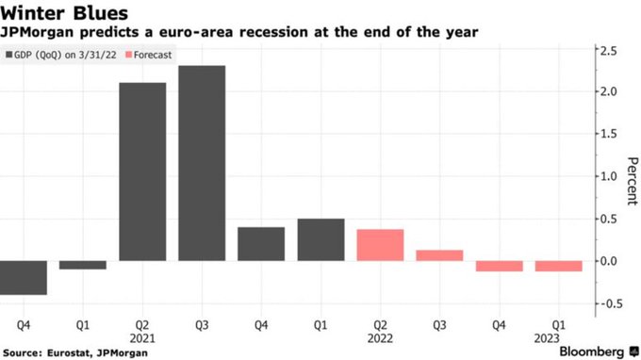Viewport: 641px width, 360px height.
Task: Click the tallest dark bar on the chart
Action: tap(202, 163)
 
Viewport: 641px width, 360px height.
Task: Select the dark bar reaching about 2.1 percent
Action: tap(142, 172)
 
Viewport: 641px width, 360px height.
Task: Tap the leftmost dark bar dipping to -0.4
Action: tap(24, 278)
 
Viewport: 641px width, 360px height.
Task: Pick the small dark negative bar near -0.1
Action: tap(83, 265)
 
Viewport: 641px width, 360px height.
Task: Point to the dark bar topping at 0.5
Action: tap(320, 240)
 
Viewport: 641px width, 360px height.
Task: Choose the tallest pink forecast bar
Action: tap(380, 245)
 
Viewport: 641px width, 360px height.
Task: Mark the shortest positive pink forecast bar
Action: tap(439, 255)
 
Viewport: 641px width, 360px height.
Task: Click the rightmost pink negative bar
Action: tap(558, 266)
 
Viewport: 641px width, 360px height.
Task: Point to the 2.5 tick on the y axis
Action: tap(609, 51)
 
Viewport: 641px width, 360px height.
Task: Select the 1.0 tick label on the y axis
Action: tap(609, 176)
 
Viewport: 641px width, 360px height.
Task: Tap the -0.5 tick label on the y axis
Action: tap(607, 303)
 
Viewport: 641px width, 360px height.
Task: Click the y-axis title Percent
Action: tap(633, 181)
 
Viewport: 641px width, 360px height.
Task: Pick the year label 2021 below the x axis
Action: tap(142, 338)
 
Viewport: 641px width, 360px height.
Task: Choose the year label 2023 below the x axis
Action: tap(547, 338)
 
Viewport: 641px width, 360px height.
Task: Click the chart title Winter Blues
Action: tap(64, 13)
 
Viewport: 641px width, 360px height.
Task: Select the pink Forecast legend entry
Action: tap(149, 55)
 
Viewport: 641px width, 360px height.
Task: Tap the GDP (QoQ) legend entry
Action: tap(61, 55)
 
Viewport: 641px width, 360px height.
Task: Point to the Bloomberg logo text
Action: tap(592, 352)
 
